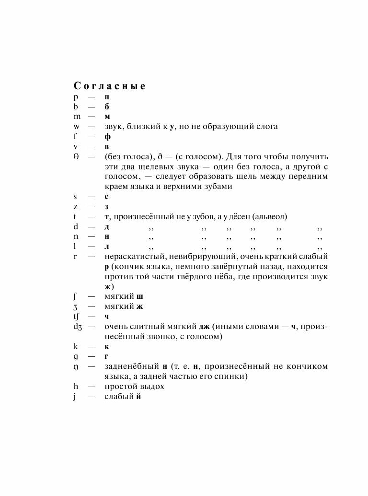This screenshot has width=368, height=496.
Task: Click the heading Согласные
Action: pyautogui.click(x=109, y=86)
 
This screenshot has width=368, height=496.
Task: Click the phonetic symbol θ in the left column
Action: pyautogui.click(x=76, y=157)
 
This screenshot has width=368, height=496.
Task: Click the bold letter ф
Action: pyautogui.click(x=107, y=137)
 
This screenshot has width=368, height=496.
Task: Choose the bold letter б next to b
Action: pyautogui.click(x=107, y=107)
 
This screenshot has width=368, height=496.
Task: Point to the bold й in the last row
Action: pyautogui.click(x=138, y=397)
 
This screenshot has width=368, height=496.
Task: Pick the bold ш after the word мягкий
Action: pyautogui.click(x=139, y=296)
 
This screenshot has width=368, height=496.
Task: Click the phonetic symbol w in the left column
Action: pyautogui.click(x=77, y=127)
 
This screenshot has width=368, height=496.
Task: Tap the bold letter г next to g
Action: pyautogui.click(x=106, y=356)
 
